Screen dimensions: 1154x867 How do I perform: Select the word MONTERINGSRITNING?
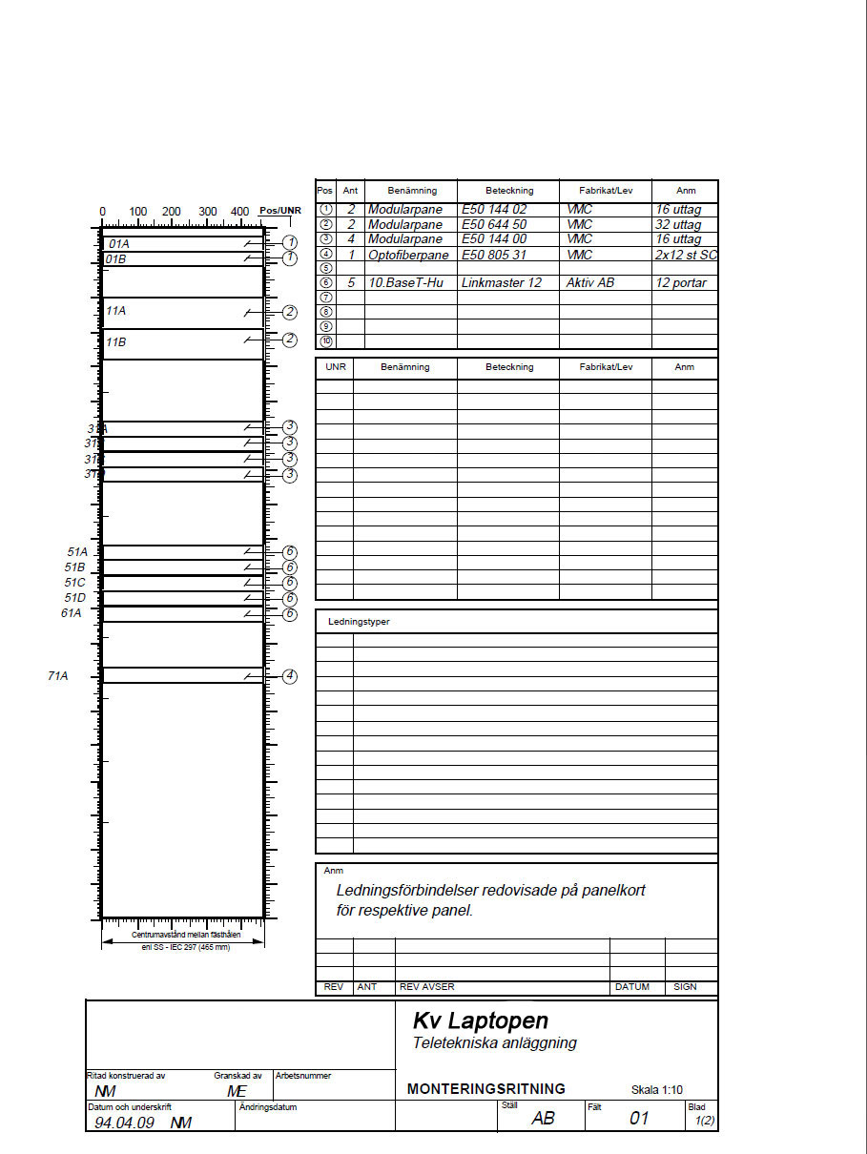coord(485,1089)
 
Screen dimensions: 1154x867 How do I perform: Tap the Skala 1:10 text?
coord(657,1090)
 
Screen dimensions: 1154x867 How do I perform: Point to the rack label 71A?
coord(58,675)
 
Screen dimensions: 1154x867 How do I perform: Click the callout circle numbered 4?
coord(290,676)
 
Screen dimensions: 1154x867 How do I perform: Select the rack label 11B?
coord(116,341)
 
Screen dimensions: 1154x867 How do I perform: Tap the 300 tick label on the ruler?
coord(207,212)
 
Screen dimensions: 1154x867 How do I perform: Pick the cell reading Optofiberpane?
coord(408,255)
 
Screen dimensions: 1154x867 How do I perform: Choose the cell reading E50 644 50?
coord(494,224)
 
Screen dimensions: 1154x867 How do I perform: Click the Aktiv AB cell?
coord(590,283)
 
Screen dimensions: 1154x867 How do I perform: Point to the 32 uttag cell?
coord(678,225)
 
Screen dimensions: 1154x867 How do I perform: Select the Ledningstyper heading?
coord(359,622)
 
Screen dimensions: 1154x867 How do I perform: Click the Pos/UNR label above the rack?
coord(279,211)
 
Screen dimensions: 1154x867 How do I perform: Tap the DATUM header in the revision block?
coord(632,987)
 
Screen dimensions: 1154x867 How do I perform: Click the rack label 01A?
coord(119,244)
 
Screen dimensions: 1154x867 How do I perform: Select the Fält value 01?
coord(639,1118)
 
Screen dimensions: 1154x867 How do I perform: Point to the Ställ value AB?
coord(543,1118)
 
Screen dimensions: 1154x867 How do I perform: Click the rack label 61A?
coord(72,613)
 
